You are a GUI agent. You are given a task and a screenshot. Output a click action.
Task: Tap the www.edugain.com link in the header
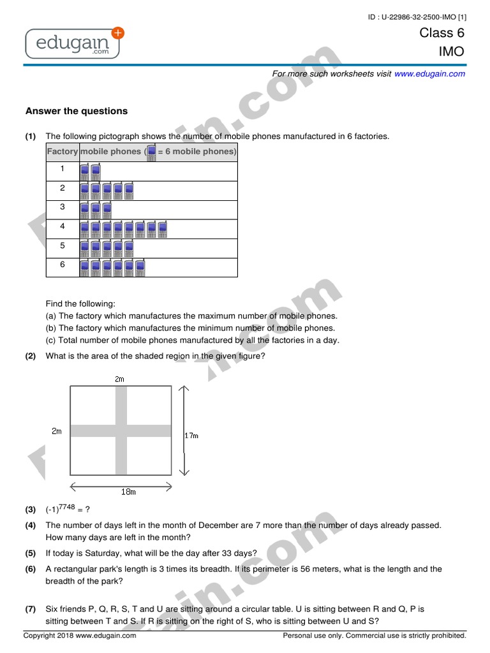pos(429,74)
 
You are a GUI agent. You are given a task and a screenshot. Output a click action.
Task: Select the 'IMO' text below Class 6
pos(450,52)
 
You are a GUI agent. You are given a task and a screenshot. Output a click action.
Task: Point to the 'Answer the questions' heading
pos(77,111)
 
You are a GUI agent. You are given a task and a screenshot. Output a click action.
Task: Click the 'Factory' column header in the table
pos(63,152)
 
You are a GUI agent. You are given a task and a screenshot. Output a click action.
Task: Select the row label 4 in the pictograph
pos(63,226)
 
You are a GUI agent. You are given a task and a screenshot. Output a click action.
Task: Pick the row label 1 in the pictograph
pos(63,169)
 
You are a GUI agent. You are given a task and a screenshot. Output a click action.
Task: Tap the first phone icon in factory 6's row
pos(84,268)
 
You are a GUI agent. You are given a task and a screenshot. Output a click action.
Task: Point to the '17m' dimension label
pos(191,436)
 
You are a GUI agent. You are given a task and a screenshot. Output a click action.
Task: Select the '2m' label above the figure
pos(119,379)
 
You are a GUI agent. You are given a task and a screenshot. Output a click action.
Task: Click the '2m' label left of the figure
pos(57,431)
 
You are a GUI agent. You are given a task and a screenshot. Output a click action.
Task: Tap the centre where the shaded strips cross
pos(121,431)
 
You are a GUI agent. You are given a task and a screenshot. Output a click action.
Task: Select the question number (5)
pos(31,553)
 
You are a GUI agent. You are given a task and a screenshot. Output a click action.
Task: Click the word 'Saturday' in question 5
pos(101,553)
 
